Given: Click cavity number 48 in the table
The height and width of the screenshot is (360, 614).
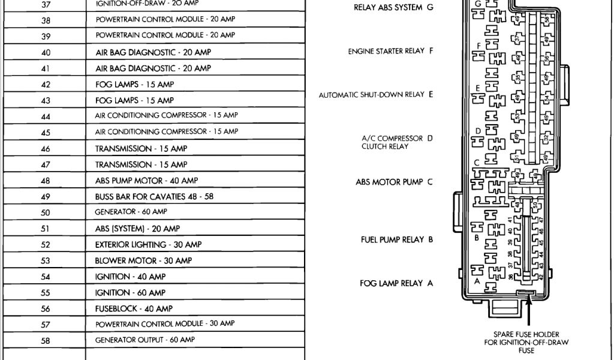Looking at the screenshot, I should point(46,181).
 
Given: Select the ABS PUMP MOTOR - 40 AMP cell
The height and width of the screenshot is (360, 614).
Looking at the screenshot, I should point(146,180).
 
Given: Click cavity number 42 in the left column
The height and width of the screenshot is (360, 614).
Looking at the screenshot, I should point(46,85).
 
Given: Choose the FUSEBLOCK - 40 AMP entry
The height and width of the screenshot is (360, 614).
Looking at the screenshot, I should point(134,308).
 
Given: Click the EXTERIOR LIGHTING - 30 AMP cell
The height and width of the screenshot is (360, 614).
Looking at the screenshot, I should point(148,245).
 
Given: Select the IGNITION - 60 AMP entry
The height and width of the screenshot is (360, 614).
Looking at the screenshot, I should point(130,293).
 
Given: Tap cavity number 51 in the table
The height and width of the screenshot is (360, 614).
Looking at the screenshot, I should point(46,229).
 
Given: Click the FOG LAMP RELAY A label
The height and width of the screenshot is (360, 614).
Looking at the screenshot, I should point(396,283).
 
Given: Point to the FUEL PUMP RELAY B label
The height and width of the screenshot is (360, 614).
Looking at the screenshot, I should point(396,239).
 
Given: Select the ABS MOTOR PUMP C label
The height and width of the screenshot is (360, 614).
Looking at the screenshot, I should point(394,182).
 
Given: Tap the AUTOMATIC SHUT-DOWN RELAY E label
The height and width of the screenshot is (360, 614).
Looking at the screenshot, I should point(375,95).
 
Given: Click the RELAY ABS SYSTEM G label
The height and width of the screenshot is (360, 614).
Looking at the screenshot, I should point(392,7).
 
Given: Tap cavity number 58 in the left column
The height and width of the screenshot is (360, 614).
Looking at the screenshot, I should point(46,341).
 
